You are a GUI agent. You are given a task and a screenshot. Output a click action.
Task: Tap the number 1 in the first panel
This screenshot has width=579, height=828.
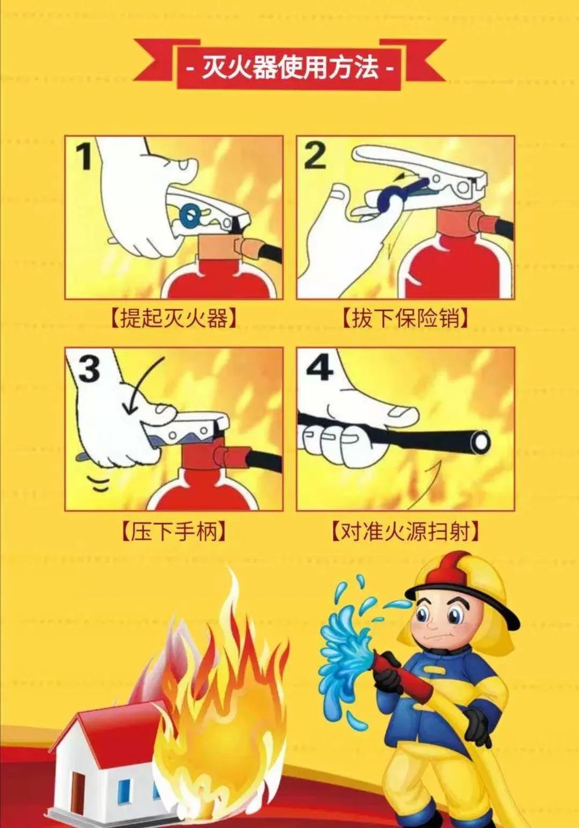[86, 156]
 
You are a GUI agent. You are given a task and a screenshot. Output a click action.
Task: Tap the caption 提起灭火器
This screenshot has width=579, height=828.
[174, 317]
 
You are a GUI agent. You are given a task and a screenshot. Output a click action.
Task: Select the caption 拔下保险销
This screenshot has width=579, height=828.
[405, 317]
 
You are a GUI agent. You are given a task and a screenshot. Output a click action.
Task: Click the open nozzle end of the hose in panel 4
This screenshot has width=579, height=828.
[481, 442]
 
